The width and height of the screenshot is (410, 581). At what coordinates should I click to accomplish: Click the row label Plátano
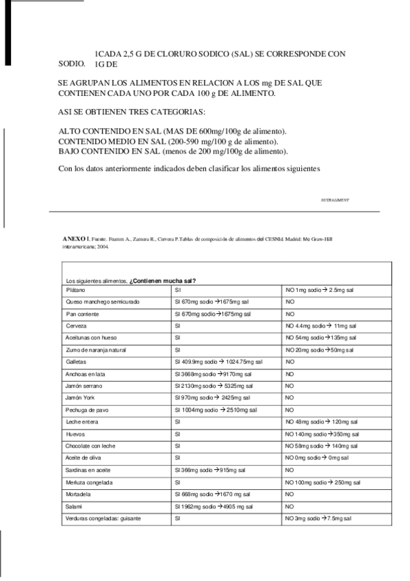(x=75, y=290)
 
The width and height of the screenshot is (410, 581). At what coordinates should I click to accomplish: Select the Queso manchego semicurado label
(x=102, y=301)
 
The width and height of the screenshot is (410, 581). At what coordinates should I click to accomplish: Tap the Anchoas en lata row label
(x=84, y=374)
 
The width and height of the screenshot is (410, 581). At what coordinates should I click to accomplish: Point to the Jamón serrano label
(x=82, y=386)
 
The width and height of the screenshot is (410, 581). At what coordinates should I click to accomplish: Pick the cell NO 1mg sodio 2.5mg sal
(x=319, y=290)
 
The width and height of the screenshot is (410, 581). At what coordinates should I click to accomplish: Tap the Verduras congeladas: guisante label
(x=103, y=519)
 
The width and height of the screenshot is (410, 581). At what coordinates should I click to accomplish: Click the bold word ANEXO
(x=74, y=238)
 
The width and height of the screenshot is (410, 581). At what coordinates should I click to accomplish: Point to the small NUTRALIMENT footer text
(x=335, y=200)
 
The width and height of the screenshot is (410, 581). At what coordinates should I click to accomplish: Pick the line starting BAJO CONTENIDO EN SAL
(x=173, y=151)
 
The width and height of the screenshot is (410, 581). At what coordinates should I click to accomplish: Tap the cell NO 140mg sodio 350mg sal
(x=322, y=434)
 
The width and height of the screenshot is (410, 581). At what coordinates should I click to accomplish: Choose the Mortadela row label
(x=78, y=495)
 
